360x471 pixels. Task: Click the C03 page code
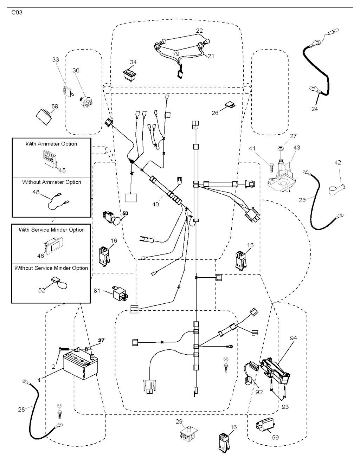(17, 13)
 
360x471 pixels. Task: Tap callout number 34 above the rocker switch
(133, 62)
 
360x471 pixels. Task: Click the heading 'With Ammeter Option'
(51, 144)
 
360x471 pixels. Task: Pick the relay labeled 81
(120, 291)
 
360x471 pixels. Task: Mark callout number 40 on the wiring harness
(156, 204)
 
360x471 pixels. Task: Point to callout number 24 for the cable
(314, 109)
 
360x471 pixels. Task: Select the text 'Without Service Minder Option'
(51, 268)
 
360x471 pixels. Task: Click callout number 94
(294, 338)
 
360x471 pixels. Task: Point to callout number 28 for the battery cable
(21, 409)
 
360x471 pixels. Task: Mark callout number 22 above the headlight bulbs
(199, 31)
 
